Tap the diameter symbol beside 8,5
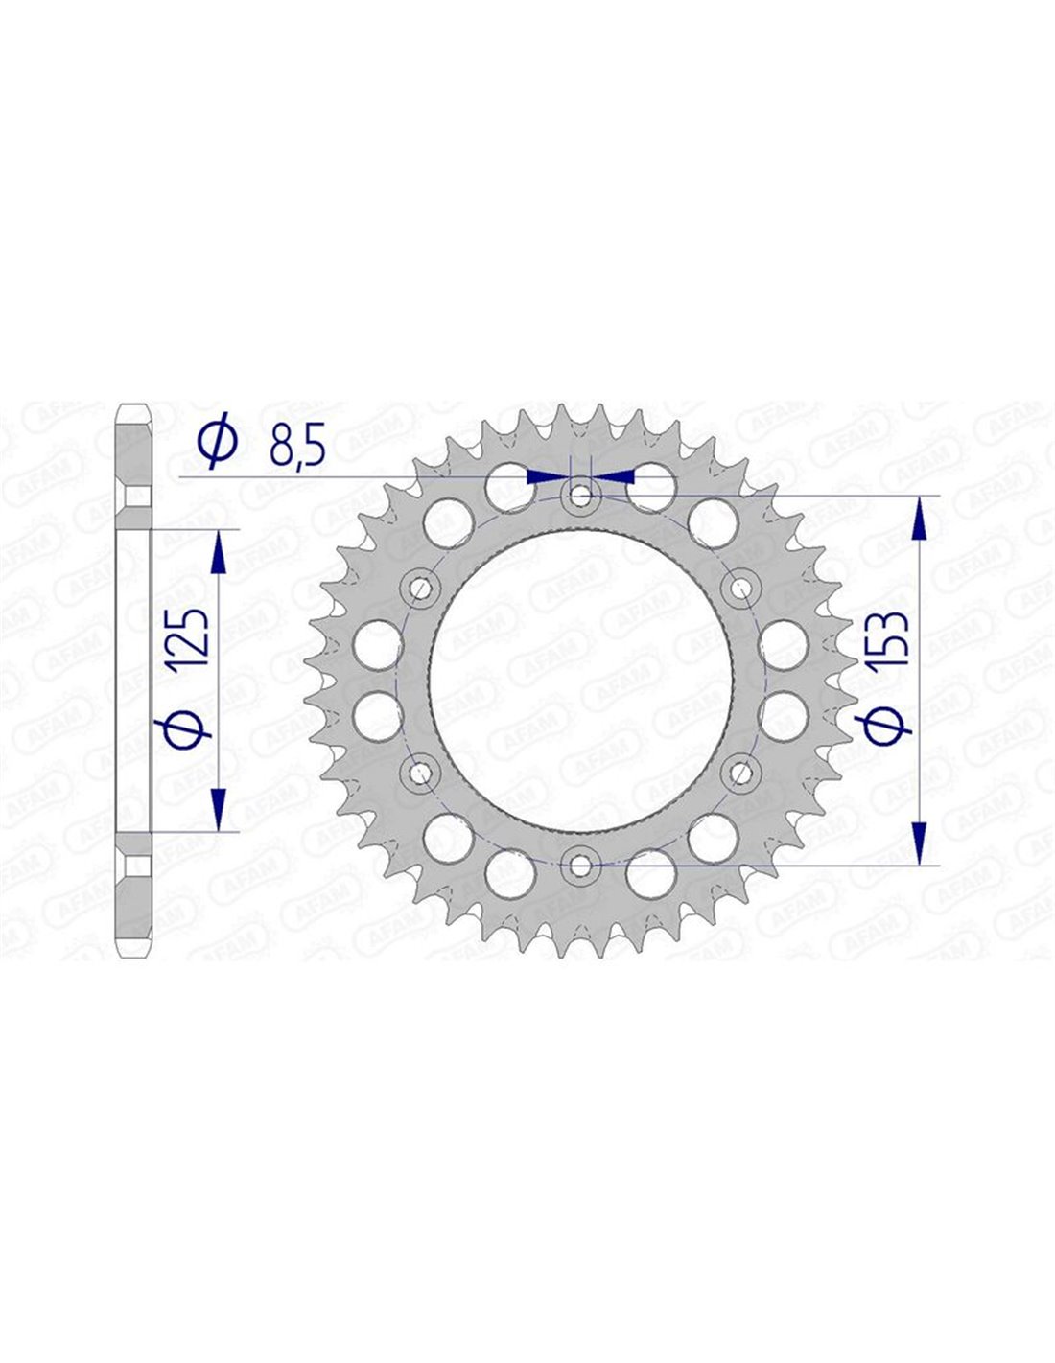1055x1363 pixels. tap(218, 444)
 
